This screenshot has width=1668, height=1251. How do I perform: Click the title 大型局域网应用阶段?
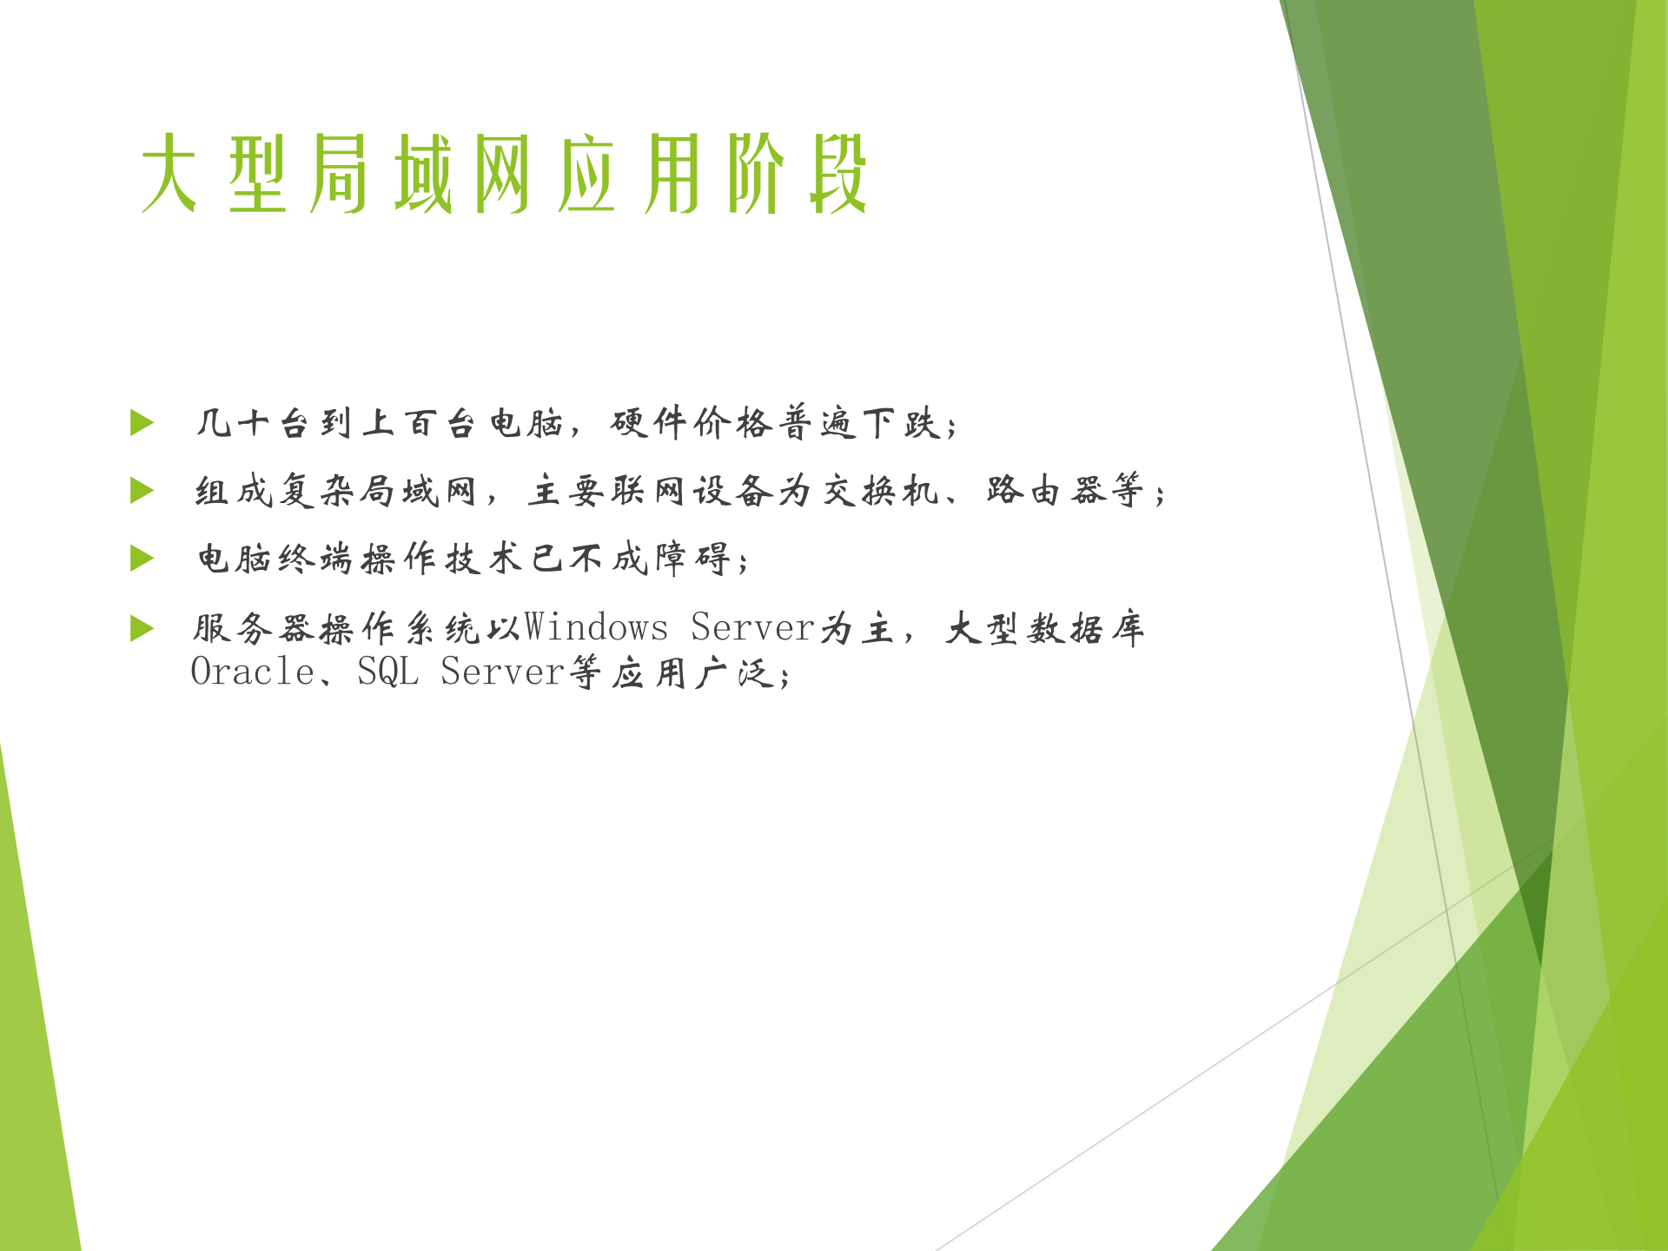click(x=504, y=174)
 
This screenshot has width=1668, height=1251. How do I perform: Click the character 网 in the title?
click(x=502, y=174)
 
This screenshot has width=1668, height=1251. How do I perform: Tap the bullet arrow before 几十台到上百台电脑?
click(x=142, y=423)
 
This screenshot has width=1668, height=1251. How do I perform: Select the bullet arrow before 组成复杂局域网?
click(x=142, y=491)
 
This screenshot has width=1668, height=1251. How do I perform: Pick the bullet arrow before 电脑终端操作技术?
click(x=142, y=558)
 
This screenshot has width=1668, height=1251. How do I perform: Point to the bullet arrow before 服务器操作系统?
click(x=142, y=627)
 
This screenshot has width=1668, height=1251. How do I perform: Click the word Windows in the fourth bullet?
click(x=596, y=627)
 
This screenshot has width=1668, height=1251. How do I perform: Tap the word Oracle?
click(x=252, y=672)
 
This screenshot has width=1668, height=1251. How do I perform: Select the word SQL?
click(x=387, y=672)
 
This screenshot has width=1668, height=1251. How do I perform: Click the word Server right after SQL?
click(x=502, y=672)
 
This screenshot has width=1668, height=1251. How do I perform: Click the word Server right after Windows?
click(x=752, y=627)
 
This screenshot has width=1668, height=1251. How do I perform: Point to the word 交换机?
click(x=881, y=492)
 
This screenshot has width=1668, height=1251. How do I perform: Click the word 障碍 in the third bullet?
click(x=692, y=559)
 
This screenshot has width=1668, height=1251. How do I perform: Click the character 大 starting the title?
click(x=169, y=174)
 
